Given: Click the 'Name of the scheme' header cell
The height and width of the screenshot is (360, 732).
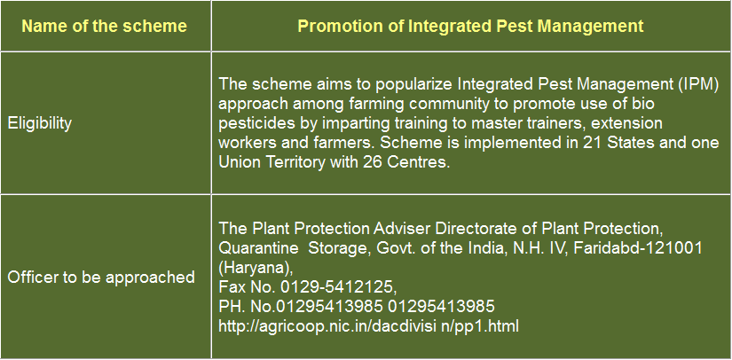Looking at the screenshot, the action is coord(104,26).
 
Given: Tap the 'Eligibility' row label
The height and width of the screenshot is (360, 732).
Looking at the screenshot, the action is coord(40,123).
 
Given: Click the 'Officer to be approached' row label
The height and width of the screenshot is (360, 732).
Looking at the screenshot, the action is coord(101,278).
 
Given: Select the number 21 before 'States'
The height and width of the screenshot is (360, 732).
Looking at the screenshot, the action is coord(592,142).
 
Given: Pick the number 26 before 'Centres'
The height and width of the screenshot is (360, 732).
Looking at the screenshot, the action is coord(373,161).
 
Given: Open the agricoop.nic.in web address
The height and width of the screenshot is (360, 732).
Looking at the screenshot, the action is coord(368,326).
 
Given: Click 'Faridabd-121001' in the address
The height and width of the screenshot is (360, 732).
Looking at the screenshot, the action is coord(638,247).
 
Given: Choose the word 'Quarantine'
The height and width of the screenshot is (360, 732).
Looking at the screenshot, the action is coord(258,247).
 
